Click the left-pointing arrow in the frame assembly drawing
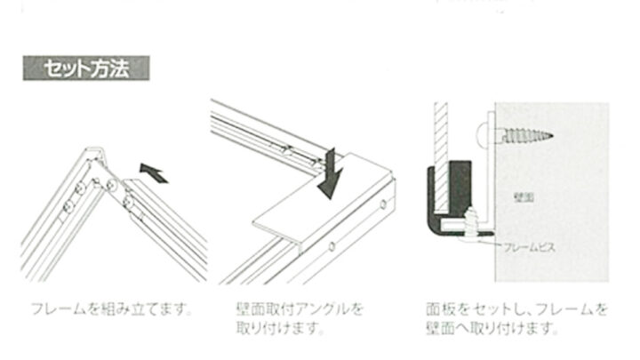coord(154,171)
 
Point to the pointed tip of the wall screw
coord(554,136)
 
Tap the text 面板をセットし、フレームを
coord(517,310)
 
